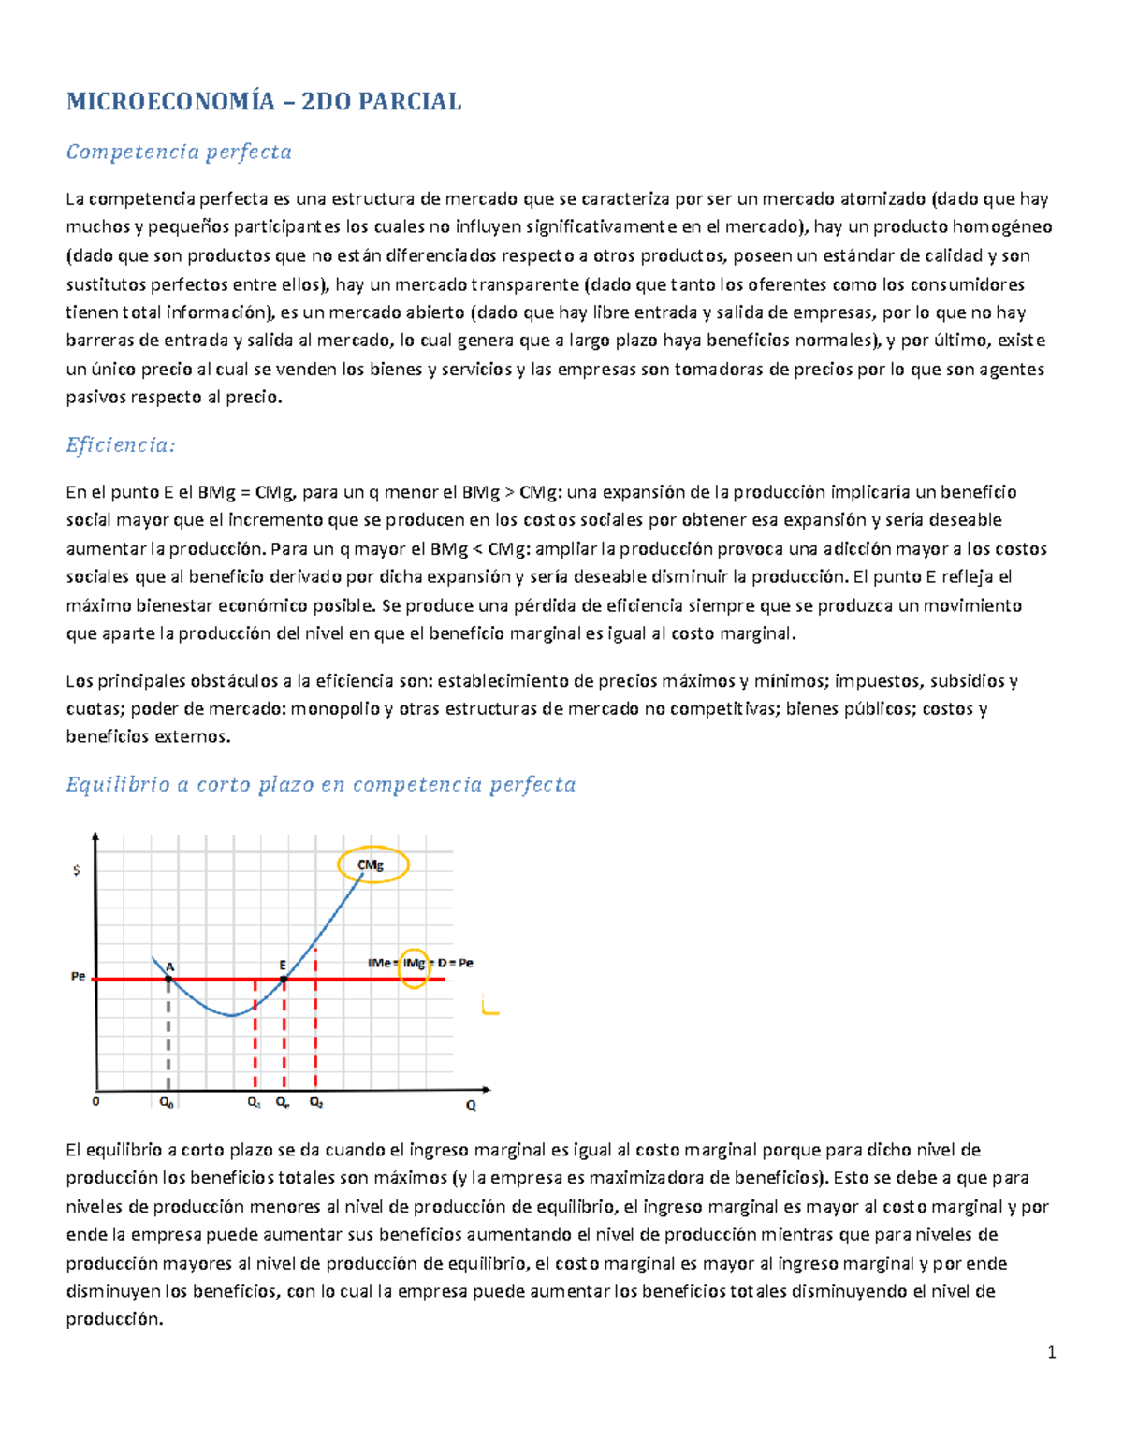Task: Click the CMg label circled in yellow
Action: coord(372,865)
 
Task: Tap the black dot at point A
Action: coord(168,980)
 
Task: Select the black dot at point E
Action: coord(284,980)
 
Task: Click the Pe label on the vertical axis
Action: coord(79,977)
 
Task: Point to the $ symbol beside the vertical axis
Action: coord(77,870)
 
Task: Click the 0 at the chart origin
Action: coord(95,1102)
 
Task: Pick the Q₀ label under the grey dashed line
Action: coord(166,1103)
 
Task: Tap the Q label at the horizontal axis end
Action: coord(471,1105)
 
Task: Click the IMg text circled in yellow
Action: coord(414,964)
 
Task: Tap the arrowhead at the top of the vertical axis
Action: coord(95,838)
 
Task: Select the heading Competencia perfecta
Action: coord(179,152)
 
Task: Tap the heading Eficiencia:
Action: coord(121,445)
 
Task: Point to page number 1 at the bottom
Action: coord(1052,1352)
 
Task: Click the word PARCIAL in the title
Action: coord(411,102)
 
